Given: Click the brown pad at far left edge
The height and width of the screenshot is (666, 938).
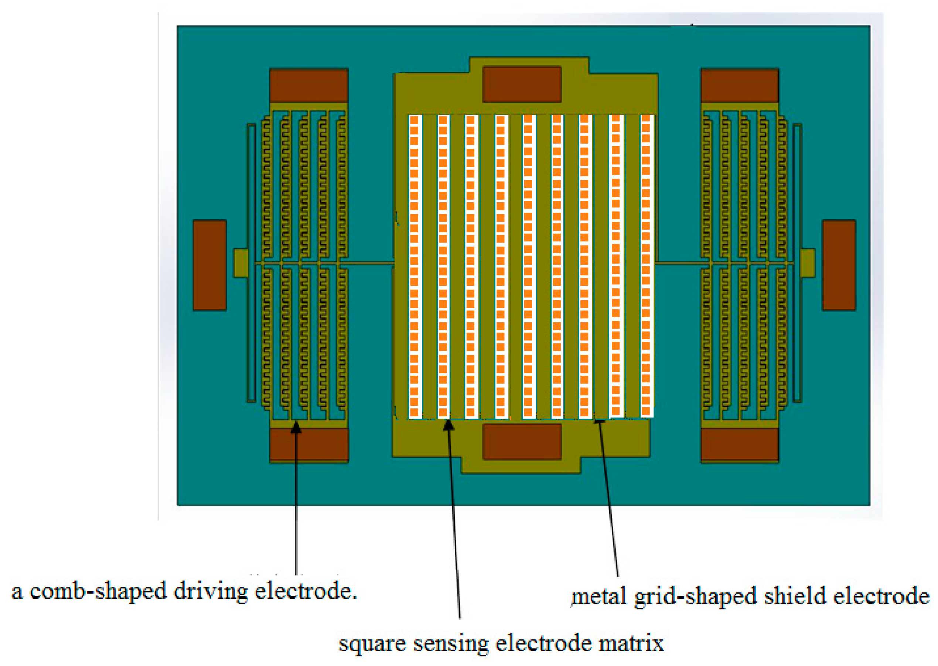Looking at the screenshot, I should click(209, 265).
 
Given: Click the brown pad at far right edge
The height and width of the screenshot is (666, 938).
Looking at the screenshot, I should click(839, 265).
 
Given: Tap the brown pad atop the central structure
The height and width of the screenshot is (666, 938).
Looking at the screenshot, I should click(522, 85).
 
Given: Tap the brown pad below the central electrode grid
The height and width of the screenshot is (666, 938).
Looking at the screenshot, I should click(522, 442).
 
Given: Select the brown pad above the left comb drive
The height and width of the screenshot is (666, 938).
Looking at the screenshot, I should click(308, 85).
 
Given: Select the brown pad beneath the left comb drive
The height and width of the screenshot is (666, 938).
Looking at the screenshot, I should click(308, 444).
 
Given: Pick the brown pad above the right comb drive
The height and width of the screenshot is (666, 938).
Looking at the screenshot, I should click(739, 85).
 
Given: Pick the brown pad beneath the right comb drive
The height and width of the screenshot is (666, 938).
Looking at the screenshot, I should click(739, 444).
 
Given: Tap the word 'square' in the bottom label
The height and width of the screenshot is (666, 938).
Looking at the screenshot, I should click(372, 644).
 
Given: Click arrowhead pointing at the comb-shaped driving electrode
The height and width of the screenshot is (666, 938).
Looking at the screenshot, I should click(296, 428).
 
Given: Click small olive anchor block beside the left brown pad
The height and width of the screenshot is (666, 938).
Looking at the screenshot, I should click(241, 263).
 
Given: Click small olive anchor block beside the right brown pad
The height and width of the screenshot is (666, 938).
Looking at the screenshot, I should click(807, 263).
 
